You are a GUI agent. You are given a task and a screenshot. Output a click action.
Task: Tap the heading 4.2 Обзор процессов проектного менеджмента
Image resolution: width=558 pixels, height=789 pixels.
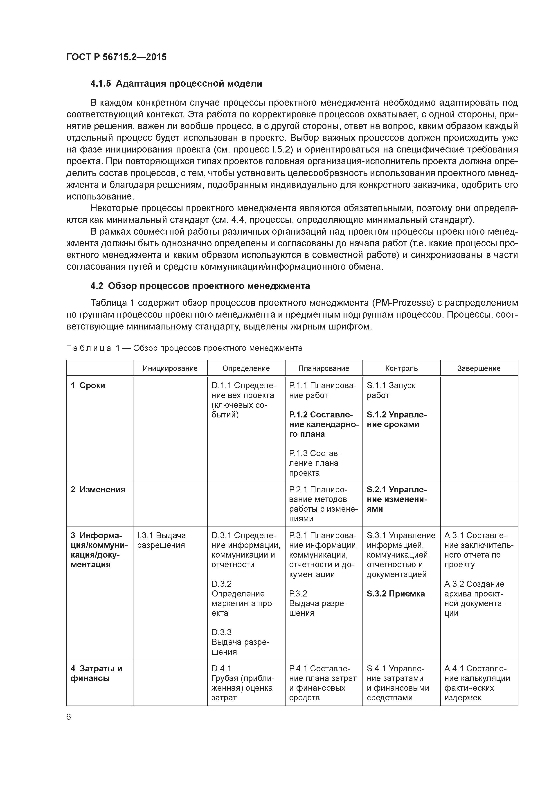tap(200, 286)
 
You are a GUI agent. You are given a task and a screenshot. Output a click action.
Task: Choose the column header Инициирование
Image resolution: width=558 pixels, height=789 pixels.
tap(170, 368)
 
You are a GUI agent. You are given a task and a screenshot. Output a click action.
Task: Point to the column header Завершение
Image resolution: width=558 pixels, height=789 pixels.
tap(479, 368)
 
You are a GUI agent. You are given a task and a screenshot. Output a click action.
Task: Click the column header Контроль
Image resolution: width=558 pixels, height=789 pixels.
tap(401, 368)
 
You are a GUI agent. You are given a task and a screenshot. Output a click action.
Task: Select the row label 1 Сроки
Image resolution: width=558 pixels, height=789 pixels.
tap(88, 386)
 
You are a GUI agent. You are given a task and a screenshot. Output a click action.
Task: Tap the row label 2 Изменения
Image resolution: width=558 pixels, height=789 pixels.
tap(98, 490)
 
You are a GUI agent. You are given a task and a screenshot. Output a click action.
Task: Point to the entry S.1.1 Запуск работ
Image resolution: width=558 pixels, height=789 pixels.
tap(391, 390)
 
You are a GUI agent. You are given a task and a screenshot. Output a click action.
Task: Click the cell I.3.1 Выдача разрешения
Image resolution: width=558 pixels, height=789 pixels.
tap(161, 540)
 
